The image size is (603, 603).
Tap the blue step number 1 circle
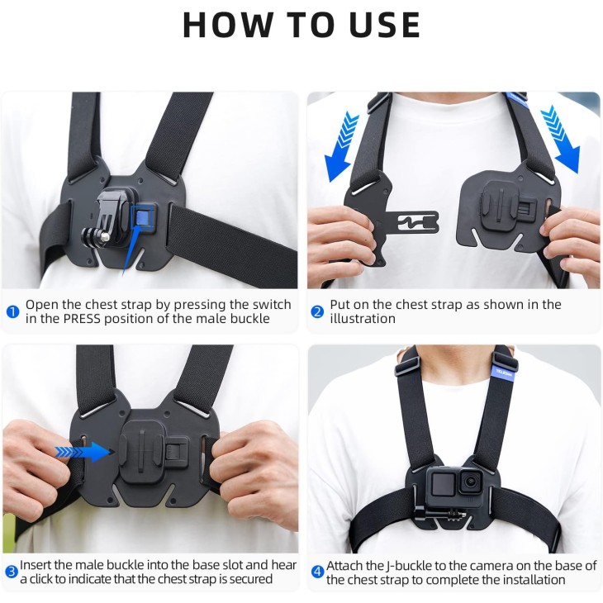click(12, 311)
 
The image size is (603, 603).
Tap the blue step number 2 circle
click(317, 311)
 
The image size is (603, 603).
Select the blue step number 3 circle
click(12, 572)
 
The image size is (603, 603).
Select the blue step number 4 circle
click(317, 572)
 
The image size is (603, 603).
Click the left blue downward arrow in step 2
click(340, 146)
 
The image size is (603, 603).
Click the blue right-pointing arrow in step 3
click(83, 452)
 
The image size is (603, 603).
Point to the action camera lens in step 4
click(468, 481)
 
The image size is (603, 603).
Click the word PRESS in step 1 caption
click(82, 319)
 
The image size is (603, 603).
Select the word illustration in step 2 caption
click(363, 319)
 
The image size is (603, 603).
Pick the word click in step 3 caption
click(42, 579)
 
